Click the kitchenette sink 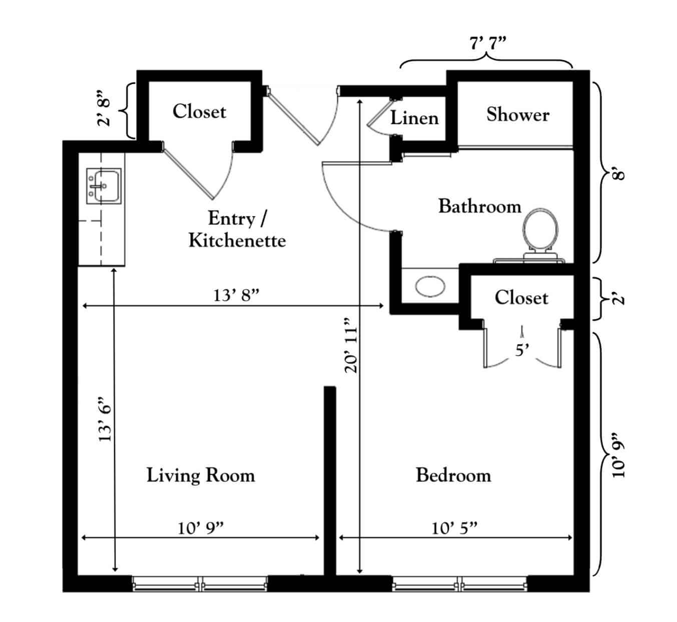pos(104,186)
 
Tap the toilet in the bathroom pos(540,234)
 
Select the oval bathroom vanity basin pos(430,287)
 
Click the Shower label pos(518,115)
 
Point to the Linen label pos(414,118)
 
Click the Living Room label pos(201,475)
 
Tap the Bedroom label pos(453,475)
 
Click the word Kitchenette pos(237,241)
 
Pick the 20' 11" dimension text pos(351,345)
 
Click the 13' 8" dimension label pos(236,295)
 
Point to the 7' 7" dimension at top pos(488,43)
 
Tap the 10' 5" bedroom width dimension pos(454,528)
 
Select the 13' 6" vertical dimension pos(104,419)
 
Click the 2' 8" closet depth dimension pos(104,108)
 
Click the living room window pos(200,584)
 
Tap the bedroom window pos(459,584)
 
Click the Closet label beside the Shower pos(521,298)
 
